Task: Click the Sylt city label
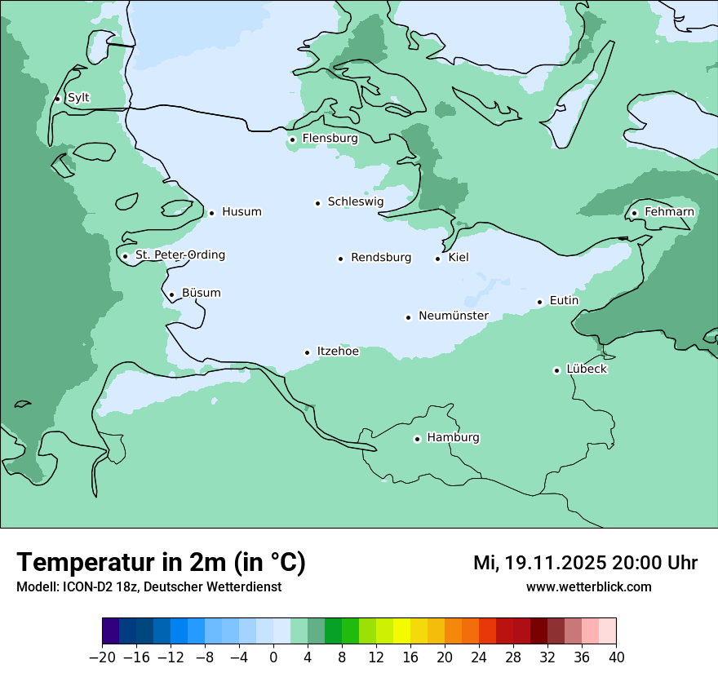coord(78,98)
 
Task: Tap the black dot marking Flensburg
coord(292,139)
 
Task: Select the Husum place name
coord(242,212)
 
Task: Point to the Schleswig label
coord(355,201)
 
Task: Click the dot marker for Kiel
coord(437,259)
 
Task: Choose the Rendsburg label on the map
coord(381,258)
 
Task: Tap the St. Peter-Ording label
coord(179,255)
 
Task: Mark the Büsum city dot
coord(171,294)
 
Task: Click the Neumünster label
coord(453,316)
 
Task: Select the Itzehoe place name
coord(337,352)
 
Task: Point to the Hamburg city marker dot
coord(417,439)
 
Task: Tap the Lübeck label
coord(586,369)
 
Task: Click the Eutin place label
coord(564,301)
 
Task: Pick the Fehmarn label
coord(669,212)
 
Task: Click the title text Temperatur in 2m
coord(161,562)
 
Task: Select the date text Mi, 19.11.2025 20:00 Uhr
coord(585,563)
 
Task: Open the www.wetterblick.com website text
coord(588,587)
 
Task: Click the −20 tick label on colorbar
coord(102,657)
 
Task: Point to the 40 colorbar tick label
coord(616,657)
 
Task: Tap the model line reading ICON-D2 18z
coord(148,587)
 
